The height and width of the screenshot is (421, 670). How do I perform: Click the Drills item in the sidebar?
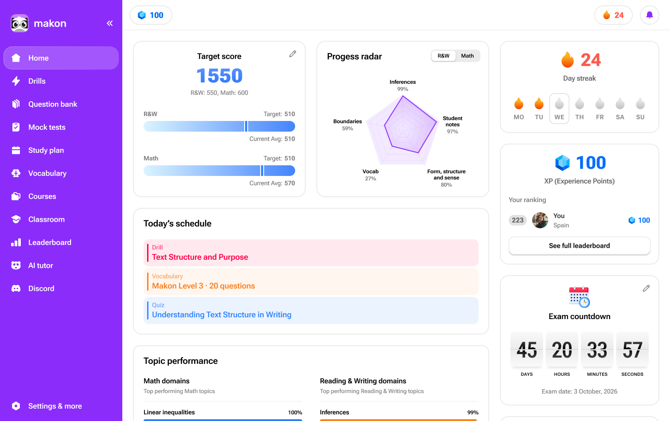[x=37, y=81]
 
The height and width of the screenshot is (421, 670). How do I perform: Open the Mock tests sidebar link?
[x=47, y=127]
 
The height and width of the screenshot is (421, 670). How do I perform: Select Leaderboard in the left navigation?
[x=50, y=242]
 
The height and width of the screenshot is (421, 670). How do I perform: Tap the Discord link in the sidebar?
[x=41, y=288]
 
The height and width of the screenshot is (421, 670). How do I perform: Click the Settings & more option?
[x=55, y=406]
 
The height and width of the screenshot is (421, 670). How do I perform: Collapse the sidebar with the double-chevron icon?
[x=109, y=23]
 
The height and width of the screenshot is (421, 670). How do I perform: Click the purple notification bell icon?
[x=649, y=15]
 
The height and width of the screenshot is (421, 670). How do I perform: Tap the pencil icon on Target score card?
[x=292, y=54]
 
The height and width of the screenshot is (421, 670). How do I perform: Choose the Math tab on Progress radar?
[x=467, y=56]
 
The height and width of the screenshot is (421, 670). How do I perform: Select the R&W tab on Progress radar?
[x=443, y=56]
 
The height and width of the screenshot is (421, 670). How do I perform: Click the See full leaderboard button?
[x=579, y=246]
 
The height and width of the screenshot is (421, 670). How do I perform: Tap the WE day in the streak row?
[x=559, y=109]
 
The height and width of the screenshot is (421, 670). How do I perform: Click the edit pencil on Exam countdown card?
[x=646, y=288]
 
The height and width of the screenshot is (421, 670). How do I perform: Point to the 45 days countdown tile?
[x=526, y=350]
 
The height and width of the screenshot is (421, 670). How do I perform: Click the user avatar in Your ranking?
[x=540, y=220]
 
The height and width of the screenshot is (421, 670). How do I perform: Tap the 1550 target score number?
[x=219, y=76]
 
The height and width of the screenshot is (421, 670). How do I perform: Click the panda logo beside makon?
[x=19, y=23]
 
